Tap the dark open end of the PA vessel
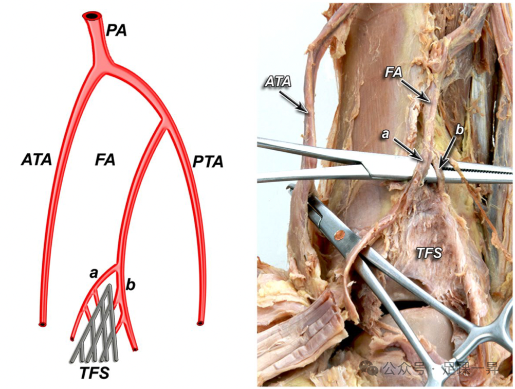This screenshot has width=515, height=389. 93,16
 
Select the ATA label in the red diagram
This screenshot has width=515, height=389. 36,160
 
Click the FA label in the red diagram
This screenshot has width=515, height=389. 105,160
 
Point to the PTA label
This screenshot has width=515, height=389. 208,163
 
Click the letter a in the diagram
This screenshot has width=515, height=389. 94,273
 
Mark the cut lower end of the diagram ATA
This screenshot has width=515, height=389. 42,325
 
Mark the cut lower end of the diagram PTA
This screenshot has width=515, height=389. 200,323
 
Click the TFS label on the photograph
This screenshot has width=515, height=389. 430,252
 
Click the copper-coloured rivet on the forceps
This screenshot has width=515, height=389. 338,237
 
